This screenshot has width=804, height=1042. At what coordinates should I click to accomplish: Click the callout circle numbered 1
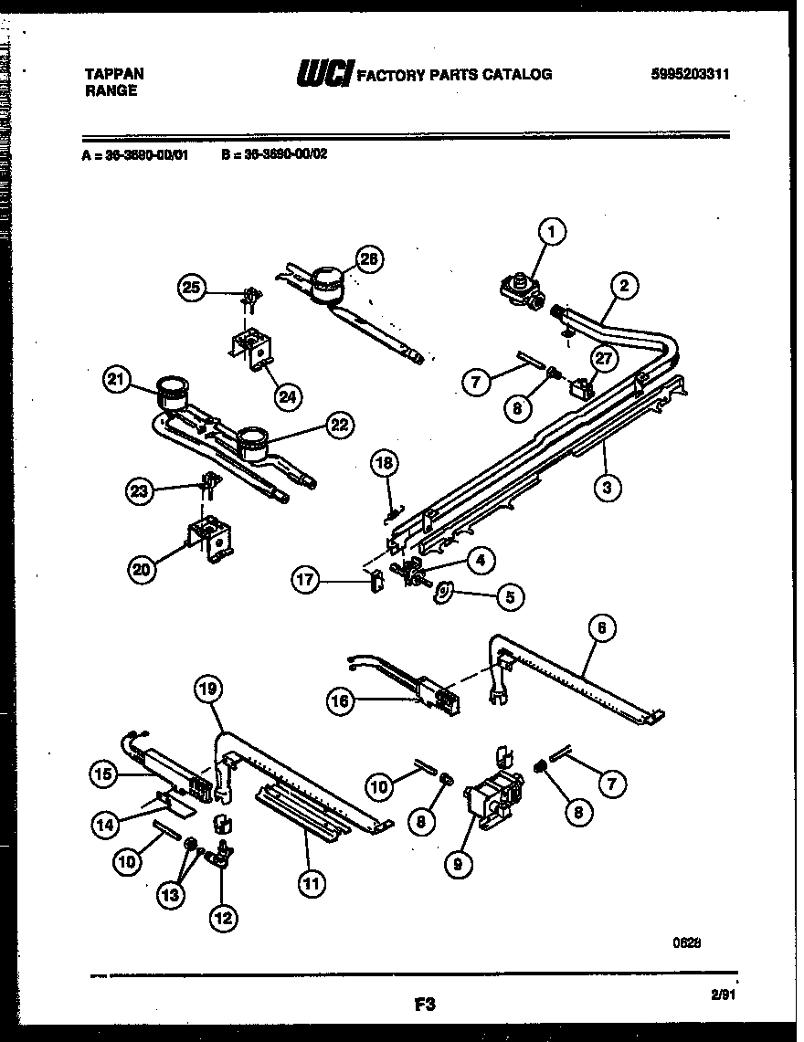pyautogui.click(x=551, y=232)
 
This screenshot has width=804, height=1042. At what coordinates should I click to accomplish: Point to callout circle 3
pyautogui.click(x=607, y=487)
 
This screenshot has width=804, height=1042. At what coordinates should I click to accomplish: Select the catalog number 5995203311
pyautogui.click(x=683, y=75)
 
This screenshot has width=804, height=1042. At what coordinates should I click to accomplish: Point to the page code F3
pyautogui.click(x=422, y=1005)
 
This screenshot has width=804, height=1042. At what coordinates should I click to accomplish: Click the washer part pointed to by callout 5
pyautogui.click(x=443, y=594)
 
